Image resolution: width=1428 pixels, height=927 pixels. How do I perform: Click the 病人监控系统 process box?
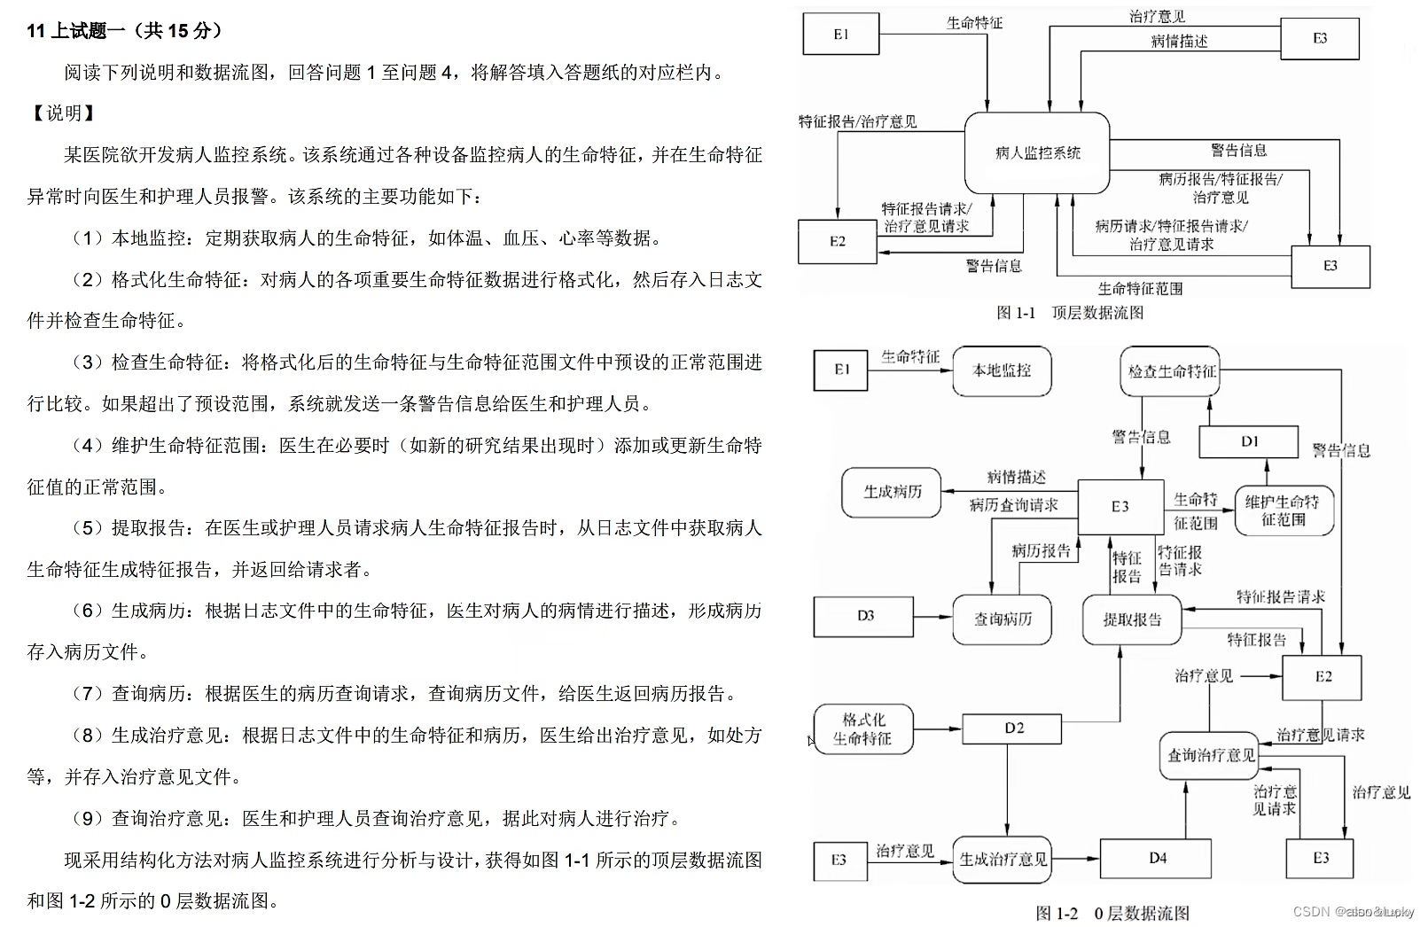coord(1037,152)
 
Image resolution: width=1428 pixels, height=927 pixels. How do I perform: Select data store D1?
coord(1249,441)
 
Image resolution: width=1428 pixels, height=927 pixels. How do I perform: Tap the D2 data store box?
coord(1013,728)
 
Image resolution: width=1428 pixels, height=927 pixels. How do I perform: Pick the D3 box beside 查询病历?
coord(864,616)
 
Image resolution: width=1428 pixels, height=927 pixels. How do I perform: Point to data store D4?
coord(1157,858)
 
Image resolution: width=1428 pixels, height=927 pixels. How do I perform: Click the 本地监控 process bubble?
coord(1002,370)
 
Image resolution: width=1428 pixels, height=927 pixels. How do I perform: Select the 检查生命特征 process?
coord(1171,371)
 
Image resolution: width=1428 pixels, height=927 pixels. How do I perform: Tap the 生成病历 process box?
coord(892,492)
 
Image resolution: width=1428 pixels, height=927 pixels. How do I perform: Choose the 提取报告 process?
coord(1132,619)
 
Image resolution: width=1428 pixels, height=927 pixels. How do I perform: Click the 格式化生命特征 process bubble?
coord(863,728)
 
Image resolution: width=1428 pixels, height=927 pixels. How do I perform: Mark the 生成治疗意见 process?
coord(1003,859)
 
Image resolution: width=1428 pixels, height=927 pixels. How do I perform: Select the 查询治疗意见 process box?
coord(1210,755)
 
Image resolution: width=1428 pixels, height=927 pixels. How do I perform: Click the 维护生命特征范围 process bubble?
coord(1284,510)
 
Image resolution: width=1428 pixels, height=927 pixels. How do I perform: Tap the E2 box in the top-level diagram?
coord(838,241)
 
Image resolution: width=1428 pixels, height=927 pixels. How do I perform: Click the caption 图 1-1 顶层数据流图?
coord(1070,313)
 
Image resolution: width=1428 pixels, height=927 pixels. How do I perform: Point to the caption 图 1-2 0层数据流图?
coord(1112,913)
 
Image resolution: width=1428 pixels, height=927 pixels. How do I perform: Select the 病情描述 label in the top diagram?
coord(1179,42)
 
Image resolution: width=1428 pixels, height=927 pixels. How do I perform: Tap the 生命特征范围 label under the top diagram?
coord(1140,289)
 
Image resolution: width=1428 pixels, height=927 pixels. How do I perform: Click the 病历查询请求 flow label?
coord(1013,505)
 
